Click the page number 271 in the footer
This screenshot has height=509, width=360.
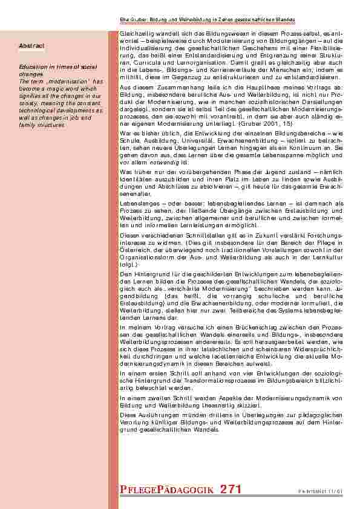232,490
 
